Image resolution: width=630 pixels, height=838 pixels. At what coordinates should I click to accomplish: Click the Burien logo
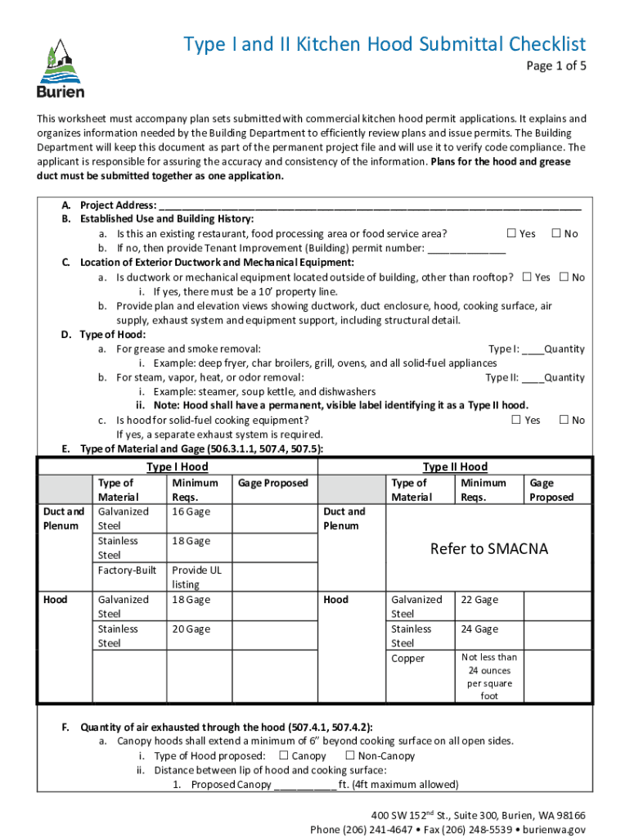(x=61, y=69)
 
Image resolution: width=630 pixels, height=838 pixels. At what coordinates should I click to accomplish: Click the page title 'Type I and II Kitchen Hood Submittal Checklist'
(x=384, y=44)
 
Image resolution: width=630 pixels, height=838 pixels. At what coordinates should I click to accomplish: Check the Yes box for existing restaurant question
(x=511, y=233)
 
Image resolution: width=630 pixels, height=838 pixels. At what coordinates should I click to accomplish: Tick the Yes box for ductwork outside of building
(x=527, y=277)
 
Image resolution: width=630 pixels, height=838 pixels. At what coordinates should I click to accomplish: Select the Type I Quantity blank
(x=533, y=349)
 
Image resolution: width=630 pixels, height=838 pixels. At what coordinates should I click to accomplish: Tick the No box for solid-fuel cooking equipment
(x=563, y=420)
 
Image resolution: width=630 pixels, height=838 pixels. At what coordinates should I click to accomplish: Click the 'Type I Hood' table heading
(x=178, y=466)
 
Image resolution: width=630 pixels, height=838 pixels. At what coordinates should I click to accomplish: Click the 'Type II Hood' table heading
(x=455, y=466)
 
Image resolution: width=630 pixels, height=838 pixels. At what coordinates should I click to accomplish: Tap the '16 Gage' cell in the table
(x=191, y=511)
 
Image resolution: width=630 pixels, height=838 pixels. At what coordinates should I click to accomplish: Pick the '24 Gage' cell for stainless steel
(x=479, y=629)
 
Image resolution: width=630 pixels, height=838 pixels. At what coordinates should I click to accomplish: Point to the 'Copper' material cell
(x=408, y=658)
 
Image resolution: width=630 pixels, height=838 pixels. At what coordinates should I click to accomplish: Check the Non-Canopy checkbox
(x=349, y=755)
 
